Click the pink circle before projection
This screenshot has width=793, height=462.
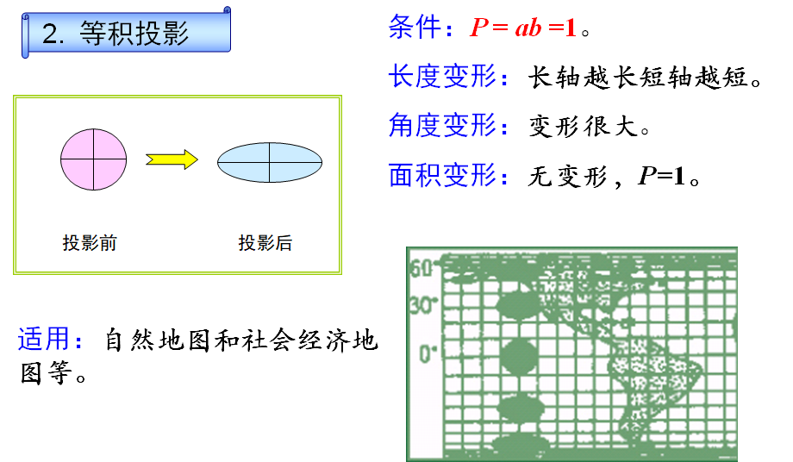point(94,159)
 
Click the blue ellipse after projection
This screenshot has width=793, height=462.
point(270,160)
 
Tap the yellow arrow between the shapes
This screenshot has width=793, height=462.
point(172,159)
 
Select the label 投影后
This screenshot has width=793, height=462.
point(265,243)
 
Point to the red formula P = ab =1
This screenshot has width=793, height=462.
point(522,28)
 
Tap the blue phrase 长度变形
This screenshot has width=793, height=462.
point(442,78)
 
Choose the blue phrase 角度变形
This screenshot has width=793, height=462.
point(442,127)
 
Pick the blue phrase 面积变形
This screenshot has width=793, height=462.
point(442,176)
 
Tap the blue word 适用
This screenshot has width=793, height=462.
point(45,340)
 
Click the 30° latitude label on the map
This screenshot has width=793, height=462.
point(422,305)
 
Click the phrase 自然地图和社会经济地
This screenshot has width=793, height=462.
point(241,340)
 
